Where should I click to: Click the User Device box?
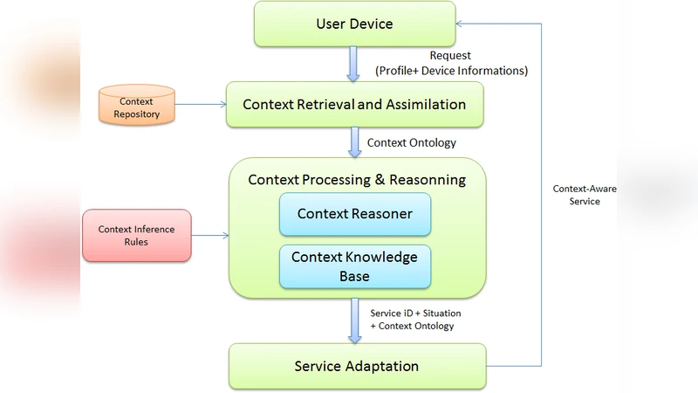[353, 24]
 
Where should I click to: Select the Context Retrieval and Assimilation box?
[354, 105]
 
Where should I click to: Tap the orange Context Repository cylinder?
[136, 106]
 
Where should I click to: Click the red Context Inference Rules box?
[136, 235]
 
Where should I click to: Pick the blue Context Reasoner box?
[354, 214]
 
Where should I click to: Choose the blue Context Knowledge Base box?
[354, 266]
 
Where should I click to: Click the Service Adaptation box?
[356, 366]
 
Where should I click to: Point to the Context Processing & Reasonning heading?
[356, 180]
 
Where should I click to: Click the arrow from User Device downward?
[353, 64]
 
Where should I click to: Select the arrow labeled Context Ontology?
[354, 142]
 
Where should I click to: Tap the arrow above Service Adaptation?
[354, 321]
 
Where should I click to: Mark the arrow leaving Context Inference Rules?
[209, 235]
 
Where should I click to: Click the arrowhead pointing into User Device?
[461, 24]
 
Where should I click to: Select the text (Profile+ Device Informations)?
[451, 70]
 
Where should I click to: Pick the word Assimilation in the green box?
[423, 105]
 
